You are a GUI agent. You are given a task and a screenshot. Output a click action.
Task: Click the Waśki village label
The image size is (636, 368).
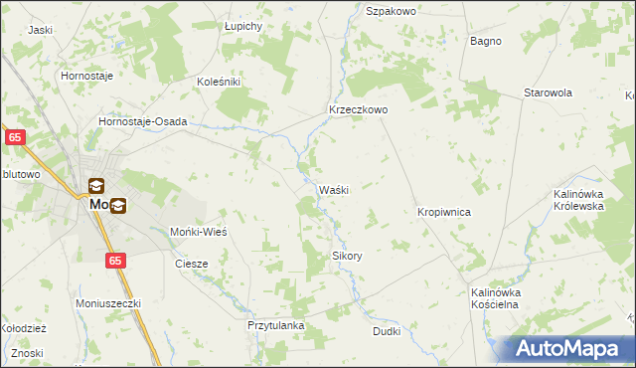[x=333, y=190]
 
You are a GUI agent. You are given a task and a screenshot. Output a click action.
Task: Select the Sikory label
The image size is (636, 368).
[x=347, y=256]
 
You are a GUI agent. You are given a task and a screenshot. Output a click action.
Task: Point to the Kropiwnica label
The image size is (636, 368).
[x=443, y=213]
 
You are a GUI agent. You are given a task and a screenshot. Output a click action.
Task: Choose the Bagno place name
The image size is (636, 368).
[x=486, y=41]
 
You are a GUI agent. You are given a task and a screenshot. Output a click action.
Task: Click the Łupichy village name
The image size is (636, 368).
[x=242, y=25]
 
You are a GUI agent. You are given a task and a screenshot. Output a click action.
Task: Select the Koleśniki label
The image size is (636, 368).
[x=220, y=82]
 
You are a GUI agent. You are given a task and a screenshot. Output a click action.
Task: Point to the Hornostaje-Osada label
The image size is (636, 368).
[x=143, y=121]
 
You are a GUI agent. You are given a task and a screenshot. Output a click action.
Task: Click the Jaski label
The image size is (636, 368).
[x=40, y=30]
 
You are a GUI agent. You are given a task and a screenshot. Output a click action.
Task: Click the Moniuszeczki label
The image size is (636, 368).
[x=109, y=302]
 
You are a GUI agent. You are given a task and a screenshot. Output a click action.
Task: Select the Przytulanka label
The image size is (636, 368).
[x=275, y=325]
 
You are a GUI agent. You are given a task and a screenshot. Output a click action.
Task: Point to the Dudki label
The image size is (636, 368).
[x=386, y=331]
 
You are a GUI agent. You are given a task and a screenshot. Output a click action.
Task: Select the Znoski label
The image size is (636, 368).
[x=29, y=354]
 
